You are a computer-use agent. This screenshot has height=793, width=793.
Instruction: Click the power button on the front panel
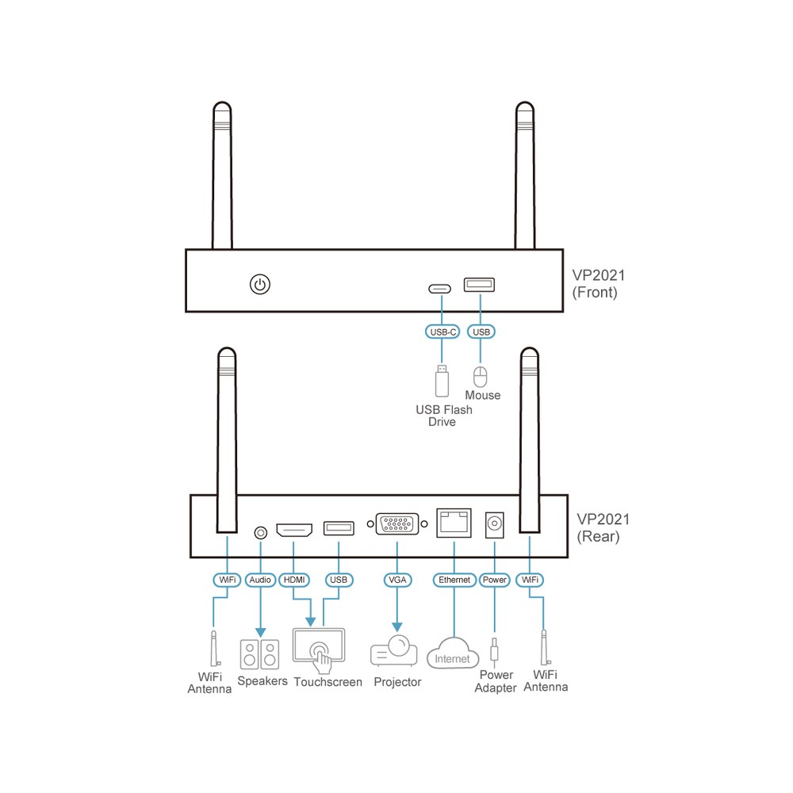click(260, 284)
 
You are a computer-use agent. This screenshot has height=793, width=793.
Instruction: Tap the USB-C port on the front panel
click(439, 289)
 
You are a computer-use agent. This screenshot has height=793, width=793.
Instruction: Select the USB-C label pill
click(442, 331)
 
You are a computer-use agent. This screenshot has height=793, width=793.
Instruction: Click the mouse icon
click(480, 377)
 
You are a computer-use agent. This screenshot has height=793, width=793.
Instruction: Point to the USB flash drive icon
click(442, 381)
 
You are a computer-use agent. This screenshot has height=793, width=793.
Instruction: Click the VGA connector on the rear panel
click(397, 524)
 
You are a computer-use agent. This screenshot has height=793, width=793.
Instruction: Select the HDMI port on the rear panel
click(294, 530)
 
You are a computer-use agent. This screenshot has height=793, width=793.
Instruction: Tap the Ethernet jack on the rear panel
click(454, 523)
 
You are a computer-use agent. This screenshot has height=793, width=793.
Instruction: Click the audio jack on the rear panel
click(260, 533)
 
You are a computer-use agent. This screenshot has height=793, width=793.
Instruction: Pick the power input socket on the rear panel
click(494, 524)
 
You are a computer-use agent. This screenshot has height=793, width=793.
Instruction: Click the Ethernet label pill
click(454, 580)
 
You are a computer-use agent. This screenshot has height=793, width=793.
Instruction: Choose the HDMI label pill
click(294, 580)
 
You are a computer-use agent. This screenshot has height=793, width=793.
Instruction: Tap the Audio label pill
click(260, 580)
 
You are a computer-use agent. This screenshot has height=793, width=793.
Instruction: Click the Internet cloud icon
click(453, 653)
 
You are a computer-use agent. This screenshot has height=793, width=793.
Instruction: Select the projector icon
click(394, 651)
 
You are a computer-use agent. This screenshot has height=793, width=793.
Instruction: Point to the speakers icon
click(260, 654)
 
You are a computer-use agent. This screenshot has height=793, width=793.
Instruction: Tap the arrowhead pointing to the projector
click(397, 627)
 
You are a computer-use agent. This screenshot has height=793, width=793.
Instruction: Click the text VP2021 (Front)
click(598, 284)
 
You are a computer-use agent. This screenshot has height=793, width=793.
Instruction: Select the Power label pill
click(494, 580)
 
